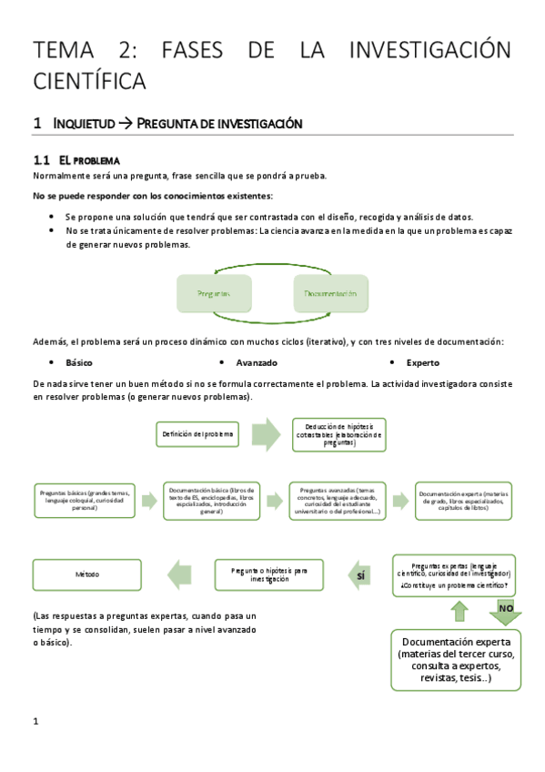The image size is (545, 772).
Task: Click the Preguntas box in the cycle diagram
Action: (213, 294)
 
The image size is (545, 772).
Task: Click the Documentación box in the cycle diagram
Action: (330, 294)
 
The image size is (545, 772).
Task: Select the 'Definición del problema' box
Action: (198, 434)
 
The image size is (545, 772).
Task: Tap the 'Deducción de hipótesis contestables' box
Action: (338, 434)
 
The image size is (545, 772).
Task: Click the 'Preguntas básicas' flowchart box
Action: (85, 501)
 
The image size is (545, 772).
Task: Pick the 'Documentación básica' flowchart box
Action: (211, 501)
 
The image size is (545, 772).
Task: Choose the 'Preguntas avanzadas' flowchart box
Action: (338, 501)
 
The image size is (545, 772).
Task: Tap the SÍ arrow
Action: (362, 575)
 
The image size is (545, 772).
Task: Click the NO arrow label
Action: (507, 608)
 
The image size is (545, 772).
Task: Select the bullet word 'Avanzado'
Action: (256, 362)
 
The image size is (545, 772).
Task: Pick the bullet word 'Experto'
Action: (422, 362)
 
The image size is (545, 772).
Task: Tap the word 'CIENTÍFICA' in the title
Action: (89, 81)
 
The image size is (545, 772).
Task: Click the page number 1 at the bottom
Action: (35, 722)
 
